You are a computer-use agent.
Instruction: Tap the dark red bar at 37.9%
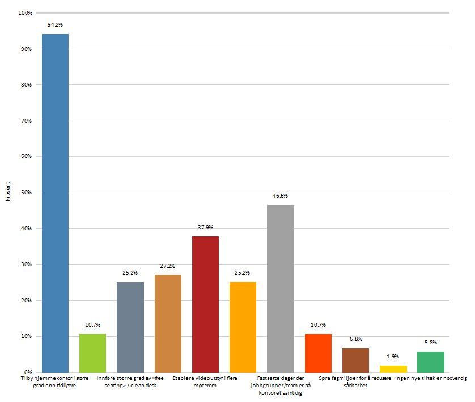point(205,304)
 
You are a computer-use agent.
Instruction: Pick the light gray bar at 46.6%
point(280,289)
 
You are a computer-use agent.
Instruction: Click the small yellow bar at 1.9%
point(393,369)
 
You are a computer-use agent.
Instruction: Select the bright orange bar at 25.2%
point(243,327)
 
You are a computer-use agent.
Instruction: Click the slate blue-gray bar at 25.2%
point(130,327)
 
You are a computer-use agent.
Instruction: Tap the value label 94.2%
point(56,25)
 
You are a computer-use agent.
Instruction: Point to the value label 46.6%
point(280,196)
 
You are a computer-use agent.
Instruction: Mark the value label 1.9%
point(393,357)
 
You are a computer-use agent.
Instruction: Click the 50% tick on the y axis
point(25,193)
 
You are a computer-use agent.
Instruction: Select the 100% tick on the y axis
point(24,13)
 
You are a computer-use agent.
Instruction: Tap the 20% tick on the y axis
point(25,301)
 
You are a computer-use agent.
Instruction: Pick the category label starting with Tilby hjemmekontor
point(56,381)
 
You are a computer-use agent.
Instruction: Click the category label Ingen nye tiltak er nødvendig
point(431,378)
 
